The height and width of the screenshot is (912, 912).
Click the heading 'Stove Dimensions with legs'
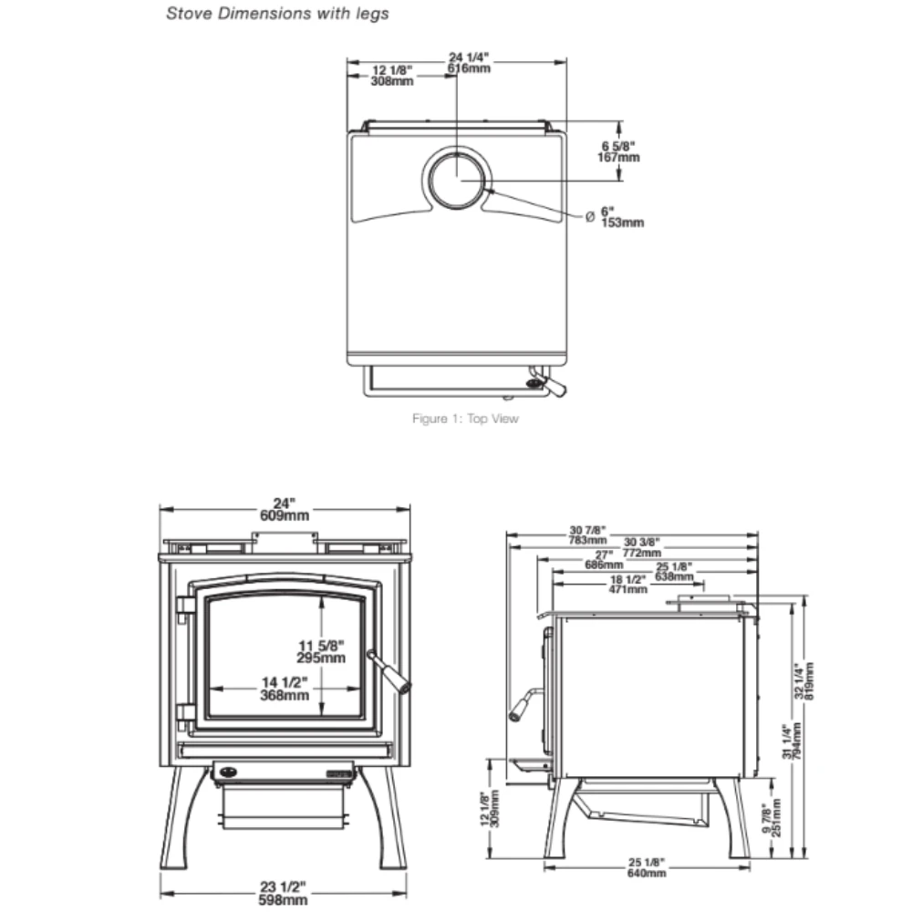(277, 15)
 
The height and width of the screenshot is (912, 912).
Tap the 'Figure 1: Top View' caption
(465, 420)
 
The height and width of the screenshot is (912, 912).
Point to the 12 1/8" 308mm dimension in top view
(393, 76)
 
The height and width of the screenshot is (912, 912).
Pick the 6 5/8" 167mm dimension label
(620, 150)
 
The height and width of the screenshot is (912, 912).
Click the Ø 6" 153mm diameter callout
(617, 217)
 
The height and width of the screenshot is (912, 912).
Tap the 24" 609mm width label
(285, 509)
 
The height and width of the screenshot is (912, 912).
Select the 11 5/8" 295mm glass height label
(321, 652)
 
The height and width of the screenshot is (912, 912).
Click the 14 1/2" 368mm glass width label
(284, 689)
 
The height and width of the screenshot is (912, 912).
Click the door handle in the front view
(390, 672)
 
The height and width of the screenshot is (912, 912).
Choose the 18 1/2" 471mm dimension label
(628, 584)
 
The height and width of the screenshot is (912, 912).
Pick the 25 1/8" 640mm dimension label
(647, 867)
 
